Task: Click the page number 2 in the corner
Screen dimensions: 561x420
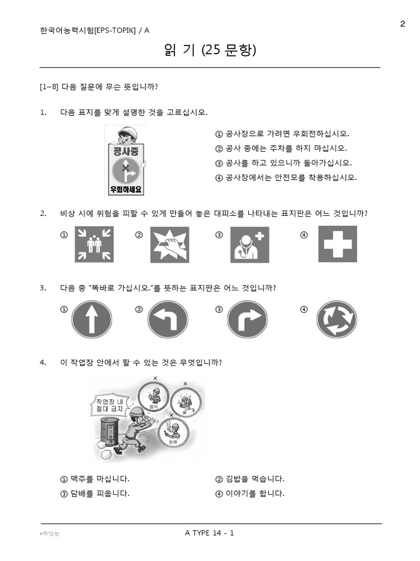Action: click(402, 23)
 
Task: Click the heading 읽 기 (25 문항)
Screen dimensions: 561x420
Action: click(210, 51)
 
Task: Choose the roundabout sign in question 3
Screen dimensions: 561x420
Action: click(337, 319)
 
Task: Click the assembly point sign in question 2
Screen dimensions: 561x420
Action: click(94, 244)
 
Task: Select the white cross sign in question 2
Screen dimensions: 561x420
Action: click(337, 244)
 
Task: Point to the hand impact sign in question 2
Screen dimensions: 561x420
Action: click(170, 244)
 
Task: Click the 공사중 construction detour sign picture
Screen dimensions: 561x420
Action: click(126, 161)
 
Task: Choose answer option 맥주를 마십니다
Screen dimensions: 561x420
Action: click(95, 479)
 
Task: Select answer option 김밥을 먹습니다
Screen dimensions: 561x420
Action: click(250, 479)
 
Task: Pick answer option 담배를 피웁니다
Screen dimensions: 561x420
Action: click(95, 493)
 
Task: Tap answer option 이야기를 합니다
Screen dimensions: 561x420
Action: click(250, 493)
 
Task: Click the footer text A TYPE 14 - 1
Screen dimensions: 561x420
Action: click(210, 533)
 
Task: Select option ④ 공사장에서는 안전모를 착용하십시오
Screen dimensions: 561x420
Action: click(286, 178)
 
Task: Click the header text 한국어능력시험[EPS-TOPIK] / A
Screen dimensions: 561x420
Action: click(95, 31)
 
